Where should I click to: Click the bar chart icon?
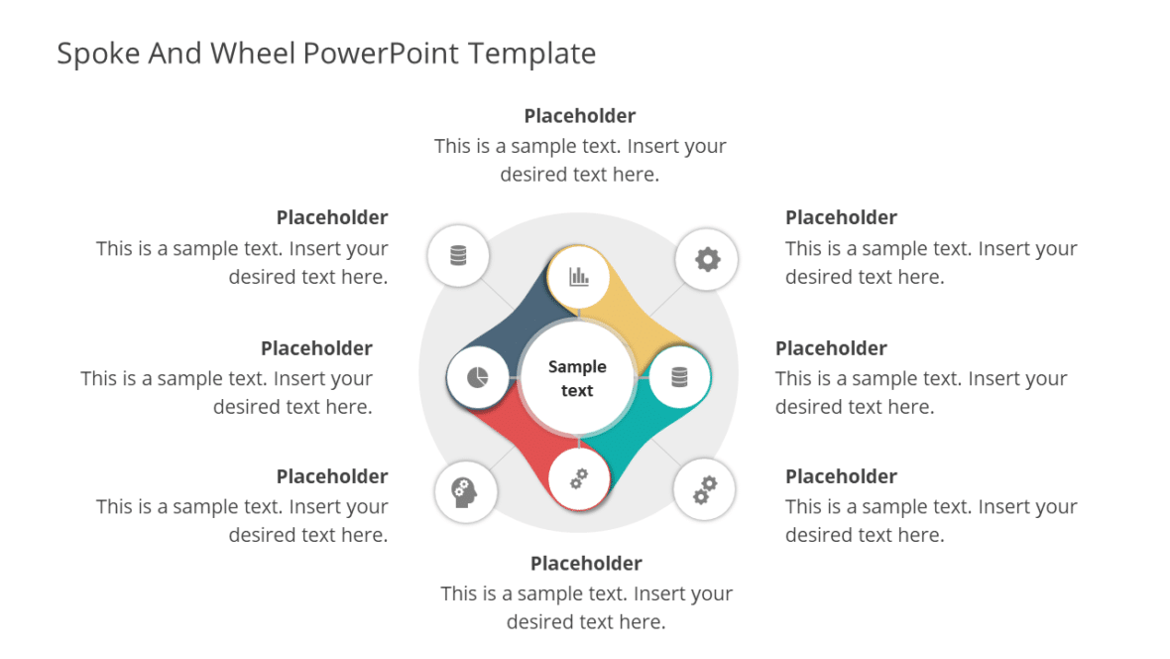[x=579, y=277]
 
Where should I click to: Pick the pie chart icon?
[x=478, y=378]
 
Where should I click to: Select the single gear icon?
[x=707, y=260]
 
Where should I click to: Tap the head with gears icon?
[x=463, y=490]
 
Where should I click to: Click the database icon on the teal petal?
[x=679, y=377]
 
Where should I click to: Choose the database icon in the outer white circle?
[x=457, y=256]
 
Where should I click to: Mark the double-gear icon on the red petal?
[x=579, y=479]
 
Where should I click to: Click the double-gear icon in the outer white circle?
[x=704, y=489]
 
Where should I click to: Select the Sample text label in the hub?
[x=577, y=378]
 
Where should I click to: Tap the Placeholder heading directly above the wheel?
[x=580, y=116]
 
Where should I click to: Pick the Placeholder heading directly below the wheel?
[x=586, y=564]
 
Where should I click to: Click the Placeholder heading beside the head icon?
[x=332, y=476]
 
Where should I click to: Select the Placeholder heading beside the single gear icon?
[x=841, y=217]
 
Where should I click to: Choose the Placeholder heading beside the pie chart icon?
[x=316, y=348]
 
